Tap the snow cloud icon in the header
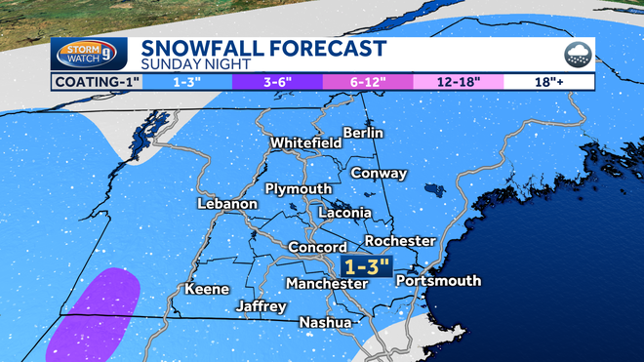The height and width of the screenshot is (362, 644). click(576, 55)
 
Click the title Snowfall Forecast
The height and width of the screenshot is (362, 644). click(263, 48)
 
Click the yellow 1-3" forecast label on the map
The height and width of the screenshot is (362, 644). click(367, 265)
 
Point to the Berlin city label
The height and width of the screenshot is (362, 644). click(363, 133)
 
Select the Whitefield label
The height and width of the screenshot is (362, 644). click(305, 142)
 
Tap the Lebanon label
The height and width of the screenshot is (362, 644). click(226, 204)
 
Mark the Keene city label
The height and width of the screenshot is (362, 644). click(206, 289)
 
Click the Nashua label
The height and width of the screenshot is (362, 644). click(324, 322)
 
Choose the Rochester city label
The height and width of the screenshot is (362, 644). click(400, 240)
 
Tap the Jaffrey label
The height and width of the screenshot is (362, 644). click(262, 306)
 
